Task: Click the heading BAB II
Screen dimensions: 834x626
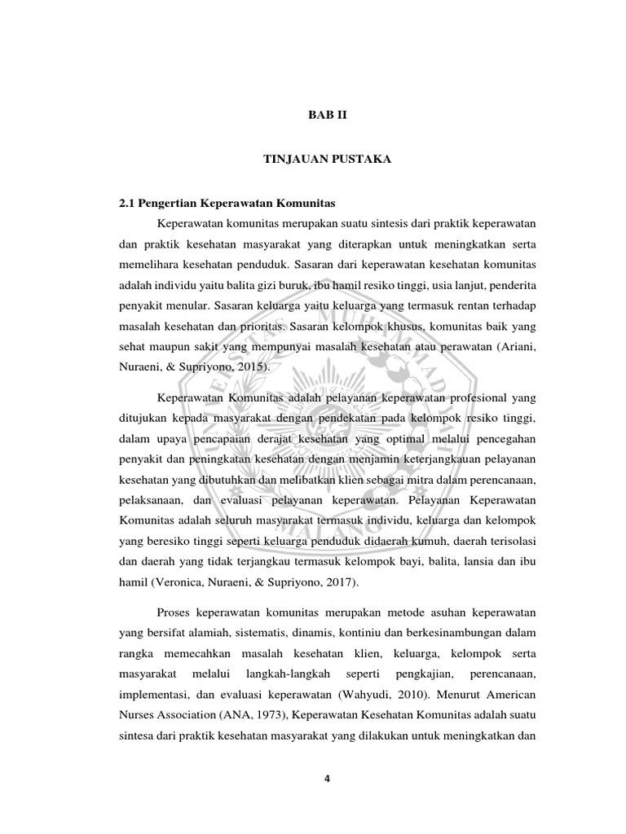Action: [326, 116]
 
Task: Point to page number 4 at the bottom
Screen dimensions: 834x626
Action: [326, 778]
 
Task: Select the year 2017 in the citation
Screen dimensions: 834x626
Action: [338, 582]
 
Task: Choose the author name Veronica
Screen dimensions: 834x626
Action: [178, 582]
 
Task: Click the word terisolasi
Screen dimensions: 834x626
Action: [508, 540]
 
